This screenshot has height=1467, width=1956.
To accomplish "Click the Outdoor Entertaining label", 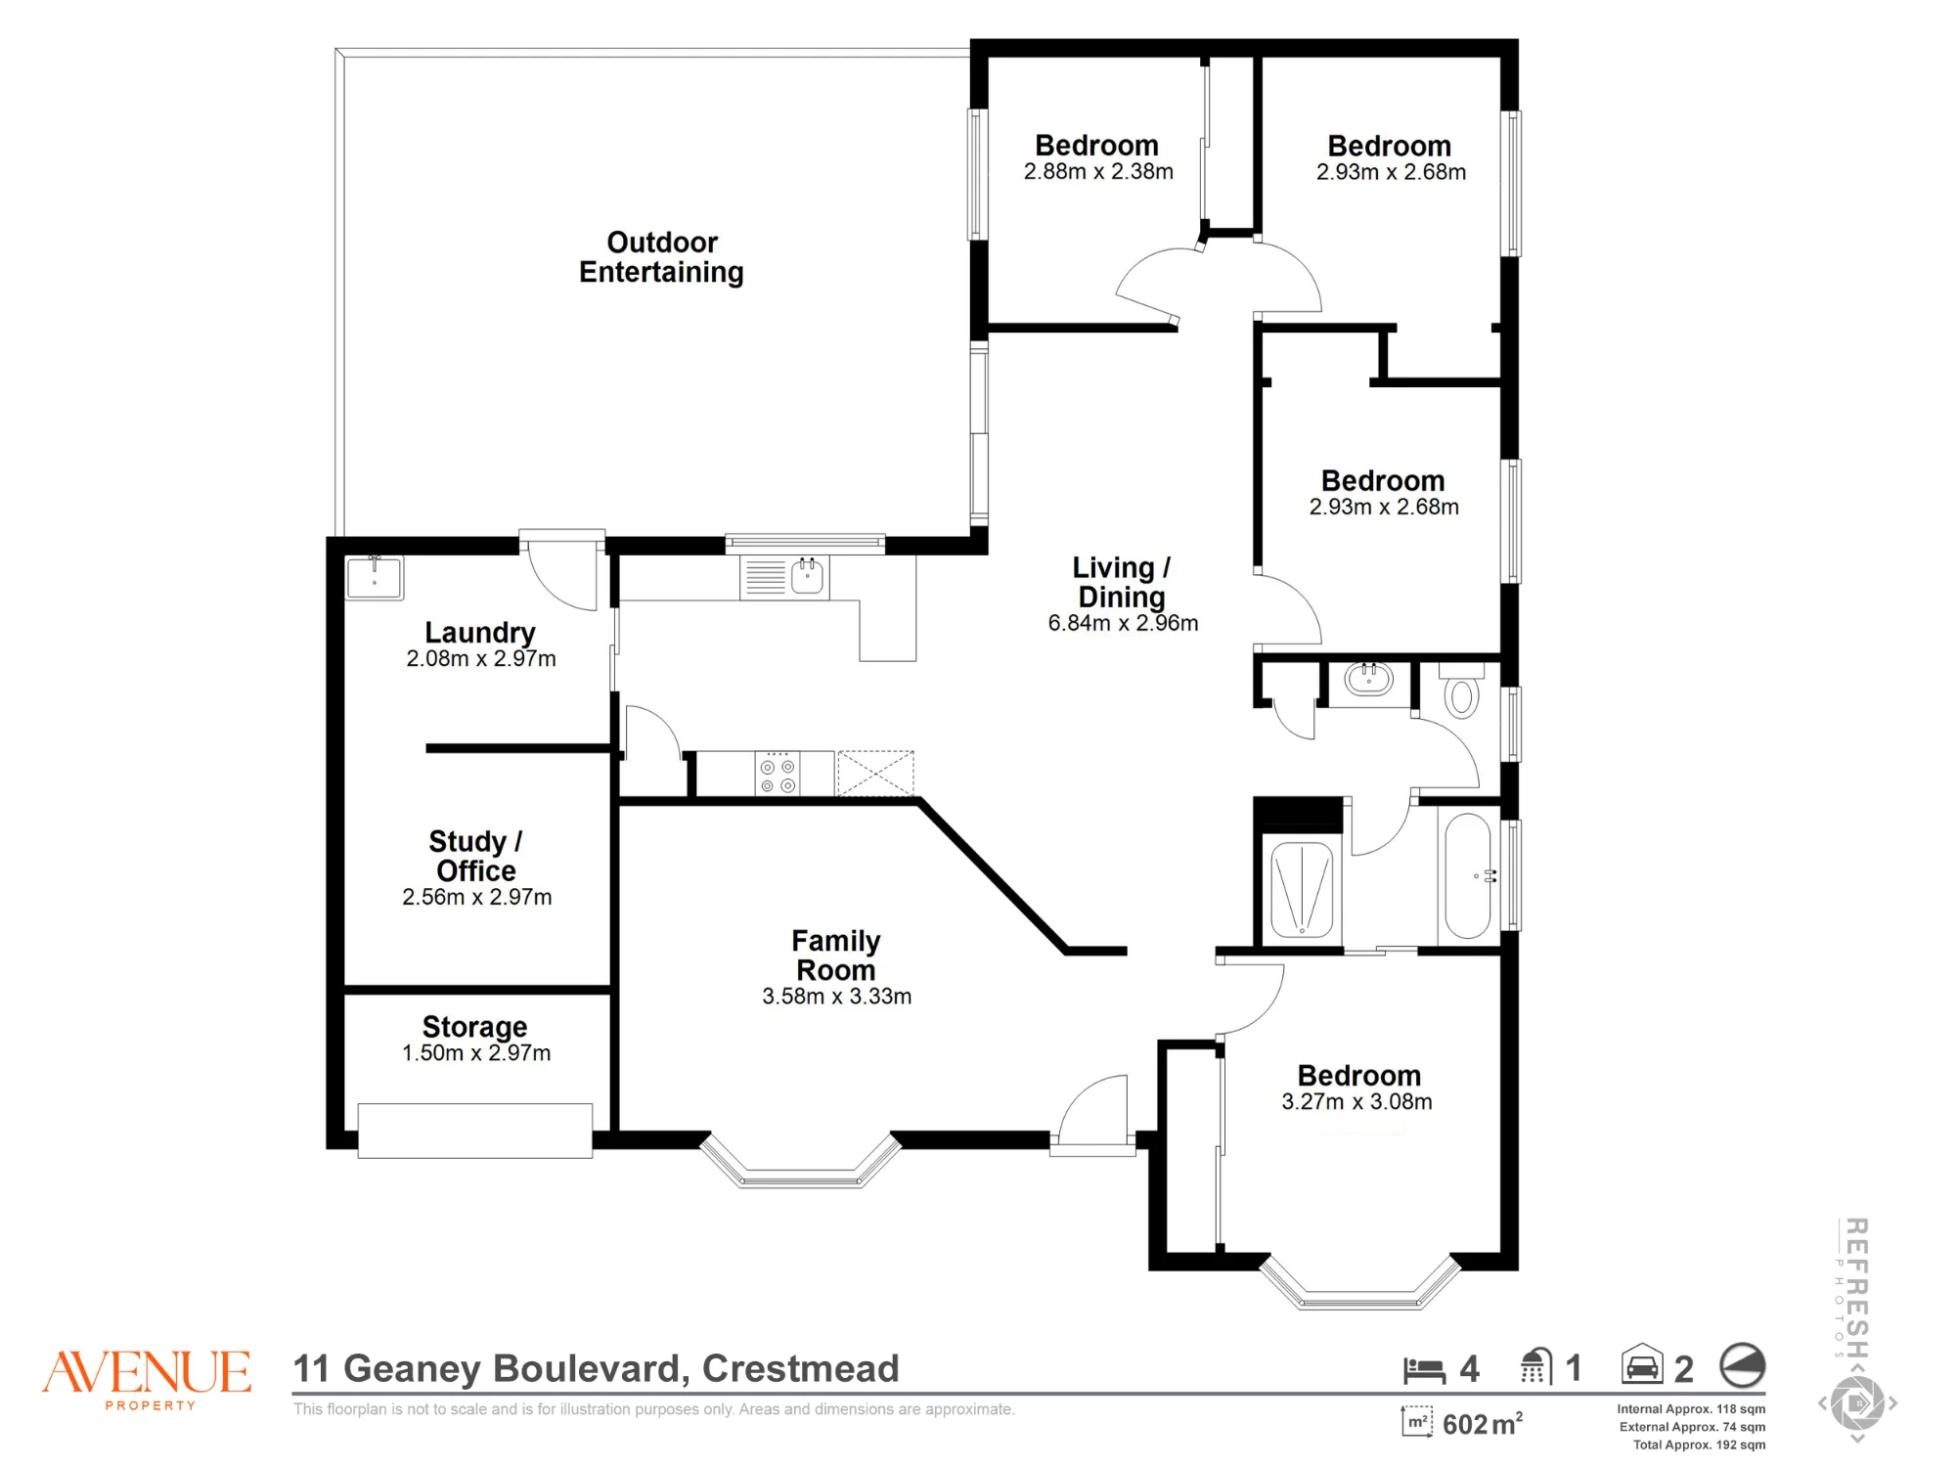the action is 661,257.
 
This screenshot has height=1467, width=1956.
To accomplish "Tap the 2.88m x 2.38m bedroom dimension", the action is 1098,172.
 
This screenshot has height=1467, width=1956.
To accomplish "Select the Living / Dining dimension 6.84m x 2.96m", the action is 1123,623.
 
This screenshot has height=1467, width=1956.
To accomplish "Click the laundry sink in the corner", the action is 375,577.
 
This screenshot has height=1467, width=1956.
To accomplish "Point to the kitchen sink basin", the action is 807,576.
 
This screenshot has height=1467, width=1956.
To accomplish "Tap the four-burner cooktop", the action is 778,773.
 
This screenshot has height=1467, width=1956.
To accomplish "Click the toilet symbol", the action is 1461,691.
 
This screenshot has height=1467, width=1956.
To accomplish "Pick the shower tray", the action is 1302,889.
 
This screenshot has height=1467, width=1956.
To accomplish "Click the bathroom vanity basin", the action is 1368,678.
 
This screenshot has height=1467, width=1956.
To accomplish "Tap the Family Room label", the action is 836,956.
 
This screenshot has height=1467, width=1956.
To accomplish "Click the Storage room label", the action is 474,1027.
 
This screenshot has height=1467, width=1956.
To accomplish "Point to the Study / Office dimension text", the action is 477,897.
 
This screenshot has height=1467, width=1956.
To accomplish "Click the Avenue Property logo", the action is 147,1379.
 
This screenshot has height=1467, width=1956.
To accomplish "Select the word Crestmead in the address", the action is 800,1368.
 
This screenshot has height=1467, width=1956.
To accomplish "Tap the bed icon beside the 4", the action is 1424,1370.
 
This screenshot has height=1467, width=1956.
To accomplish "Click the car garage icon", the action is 1642,1364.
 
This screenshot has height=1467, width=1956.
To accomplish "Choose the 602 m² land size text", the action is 1483,1424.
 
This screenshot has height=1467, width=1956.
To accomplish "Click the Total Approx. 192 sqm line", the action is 1699,1445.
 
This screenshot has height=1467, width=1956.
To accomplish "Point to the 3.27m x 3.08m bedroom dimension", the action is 1357,1102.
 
